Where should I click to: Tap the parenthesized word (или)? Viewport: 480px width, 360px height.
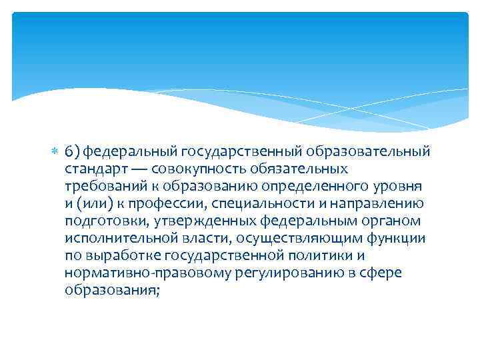[x=93, y=203]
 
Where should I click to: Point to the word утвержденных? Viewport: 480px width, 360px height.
[x=202, y=221]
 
